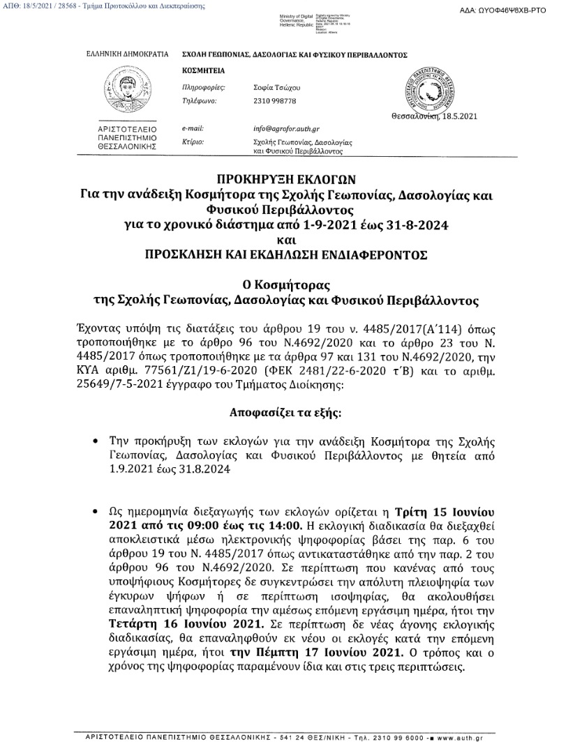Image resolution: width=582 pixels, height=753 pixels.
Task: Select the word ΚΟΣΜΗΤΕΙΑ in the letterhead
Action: point(200,71)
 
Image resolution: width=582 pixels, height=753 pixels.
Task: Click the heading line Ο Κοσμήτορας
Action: point(290,286)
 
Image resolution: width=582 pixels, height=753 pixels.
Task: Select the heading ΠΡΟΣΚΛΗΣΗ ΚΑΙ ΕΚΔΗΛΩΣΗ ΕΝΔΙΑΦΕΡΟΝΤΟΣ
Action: point(290,255)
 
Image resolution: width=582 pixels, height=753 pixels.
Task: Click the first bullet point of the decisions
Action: point(95,442)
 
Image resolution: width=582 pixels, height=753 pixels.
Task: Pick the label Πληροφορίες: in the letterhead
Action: point(202,89)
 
